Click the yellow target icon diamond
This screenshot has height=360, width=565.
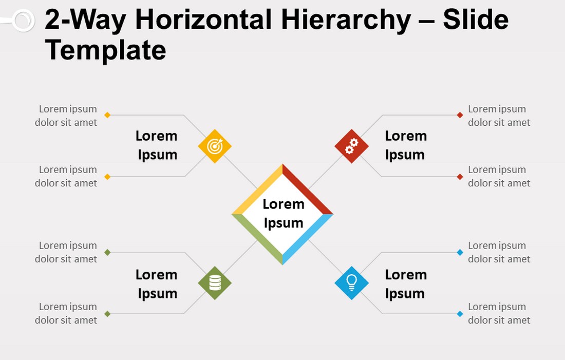pyautogui.click(x=215, y=146)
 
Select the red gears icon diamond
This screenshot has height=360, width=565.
pyautogui.click(x=351, y=146)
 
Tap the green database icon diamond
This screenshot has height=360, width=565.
pyautogui.click(x=215, y=283)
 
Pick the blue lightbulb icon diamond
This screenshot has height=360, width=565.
pyautogui.click(x=351, y=283)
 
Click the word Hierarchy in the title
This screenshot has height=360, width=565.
pyautogui.click(x=346, y=20)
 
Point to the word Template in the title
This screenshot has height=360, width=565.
pyautogui.click(x=105, y=50)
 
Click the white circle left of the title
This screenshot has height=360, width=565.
pyautogui.click(x=24, y=20)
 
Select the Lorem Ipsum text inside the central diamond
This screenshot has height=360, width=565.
pyautogui.click(x=283, y=213)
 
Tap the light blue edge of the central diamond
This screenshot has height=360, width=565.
pyautogui.click(x=307, y=239)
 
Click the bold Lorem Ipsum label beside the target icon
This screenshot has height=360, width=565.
pyautogui.click(x=157, y=145)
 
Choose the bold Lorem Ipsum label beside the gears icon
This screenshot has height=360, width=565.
pyautogui.click(x=406, y=145)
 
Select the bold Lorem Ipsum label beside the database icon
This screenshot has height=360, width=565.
pyautogui.click(x=157, y=284)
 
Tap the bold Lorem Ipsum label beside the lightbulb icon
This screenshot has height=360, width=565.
pyautogui.click(x=406, y=284)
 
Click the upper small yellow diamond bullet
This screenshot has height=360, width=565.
pyautogui.click(x=107, y=115)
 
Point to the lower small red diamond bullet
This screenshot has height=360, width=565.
pyautogui.click(x=460, y=177)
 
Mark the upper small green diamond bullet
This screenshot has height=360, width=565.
pyautogui.click(x=107, y=252)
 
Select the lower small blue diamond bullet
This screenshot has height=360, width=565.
pyautogui.click(x=460, y=314)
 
